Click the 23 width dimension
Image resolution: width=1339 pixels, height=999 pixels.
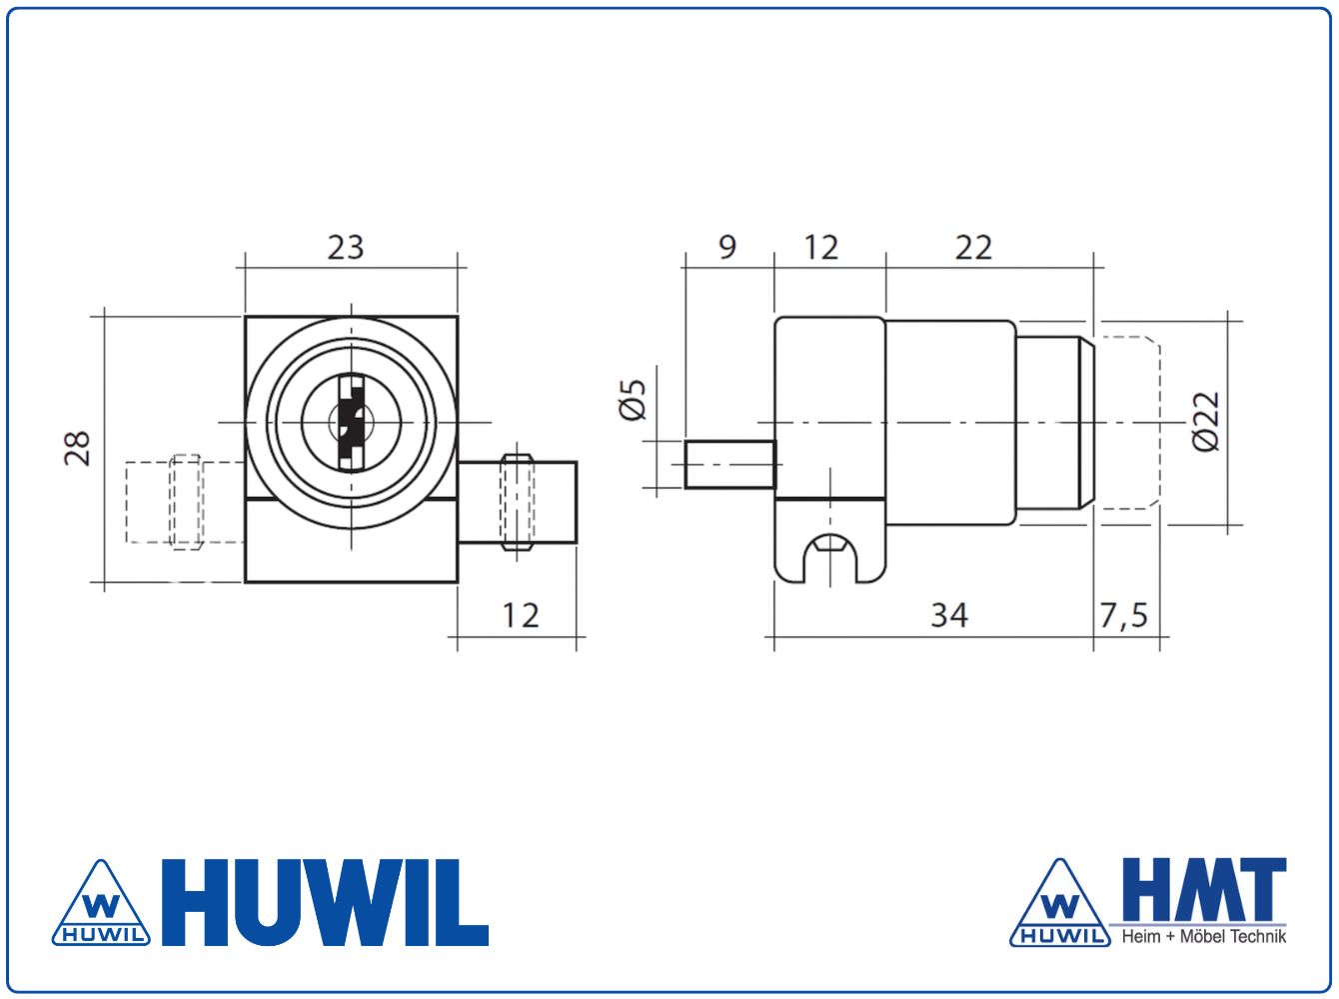[x=346, y=247]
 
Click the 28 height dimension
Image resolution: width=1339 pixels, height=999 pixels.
[x=78, y=449]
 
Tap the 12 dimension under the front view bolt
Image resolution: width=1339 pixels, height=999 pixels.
[x=521, y=615]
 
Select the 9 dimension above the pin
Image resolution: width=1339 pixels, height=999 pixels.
[x=727, y=247]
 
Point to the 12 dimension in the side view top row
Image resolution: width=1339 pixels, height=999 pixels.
[x=821, y=247]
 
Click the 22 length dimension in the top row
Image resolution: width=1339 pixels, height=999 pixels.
[x=973, y=247]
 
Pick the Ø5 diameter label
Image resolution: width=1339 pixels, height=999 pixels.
[x=632, y=400]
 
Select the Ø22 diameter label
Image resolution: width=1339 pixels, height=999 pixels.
[x=1207, y=422]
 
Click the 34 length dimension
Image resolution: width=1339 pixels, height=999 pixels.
[x=949, y=615]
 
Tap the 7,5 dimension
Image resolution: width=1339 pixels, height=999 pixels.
[x=1124, y=615]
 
